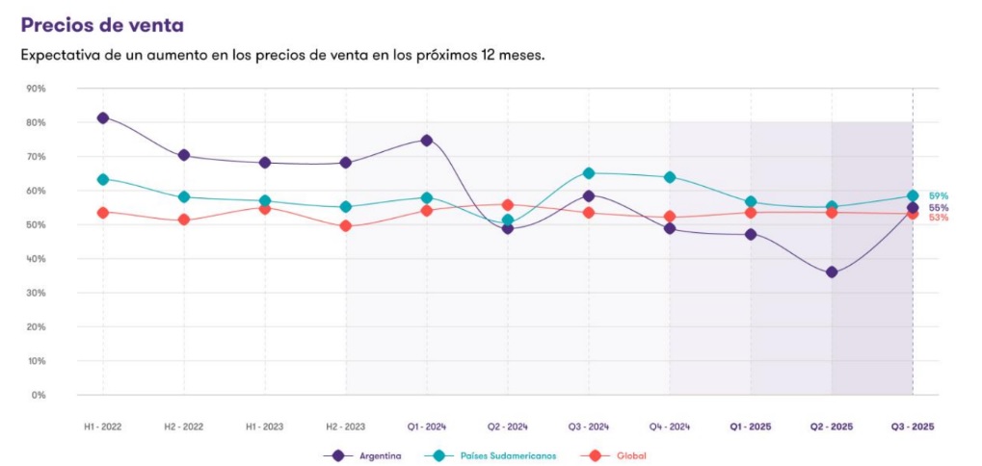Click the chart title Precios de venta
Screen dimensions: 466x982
click(x=102, y=24)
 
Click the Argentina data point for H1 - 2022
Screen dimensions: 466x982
click(x=103, y=117)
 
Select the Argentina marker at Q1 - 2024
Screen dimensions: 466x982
click(x=427, y=141)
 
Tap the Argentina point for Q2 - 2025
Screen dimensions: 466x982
click(x=832, y=272)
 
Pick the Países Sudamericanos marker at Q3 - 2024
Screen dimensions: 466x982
click(x=589, y=173)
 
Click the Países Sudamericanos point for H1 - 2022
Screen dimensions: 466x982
click(x=103, y=179)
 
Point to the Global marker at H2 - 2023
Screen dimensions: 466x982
click(x=346, y=226)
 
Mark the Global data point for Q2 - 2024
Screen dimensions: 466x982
click(x=508, y=205)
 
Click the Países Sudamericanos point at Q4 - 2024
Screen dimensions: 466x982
click(x=670, y=177)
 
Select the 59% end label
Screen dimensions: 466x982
click(x=938, y=195)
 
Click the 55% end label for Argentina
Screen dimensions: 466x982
click(x=938, y=208)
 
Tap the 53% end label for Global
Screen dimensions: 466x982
click(x=938, y=219)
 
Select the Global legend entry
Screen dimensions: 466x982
click(x=631, y=455)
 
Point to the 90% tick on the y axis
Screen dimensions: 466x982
click(x=36, y=89)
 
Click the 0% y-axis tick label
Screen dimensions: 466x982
click(x=39, y=395)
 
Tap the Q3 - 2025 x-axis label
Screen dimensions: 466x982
click(x=912, y=426)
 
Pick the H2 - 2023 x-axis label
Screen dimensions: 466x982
click(x=346, y=426)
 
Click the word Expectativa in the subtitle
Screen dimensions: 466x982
click(x=61, y=55)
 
